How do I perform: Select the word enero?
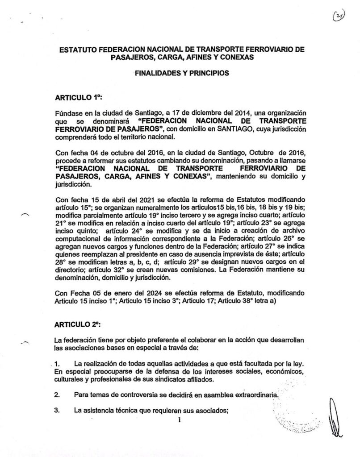coord(102,293)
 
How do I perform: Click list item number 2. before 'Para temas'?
coord(57,395)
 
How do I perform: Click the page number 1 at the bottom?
coord(179,420)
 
